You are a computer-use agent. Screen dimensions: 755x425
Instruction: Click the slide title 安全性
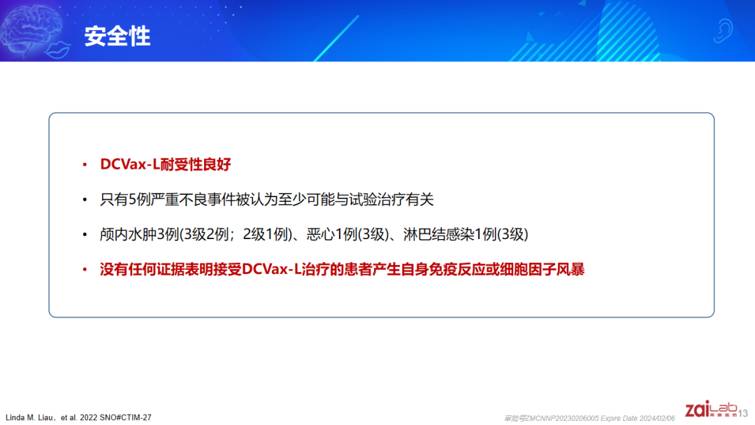point(117,36)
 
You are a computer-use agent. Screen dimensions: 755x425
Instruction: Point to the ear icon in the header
point(723,31)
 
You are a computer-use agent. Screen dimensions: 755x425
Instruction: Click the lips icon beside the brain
point(58,50)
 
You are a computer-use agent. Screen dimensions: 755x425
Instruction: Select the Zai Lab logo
point(711,409)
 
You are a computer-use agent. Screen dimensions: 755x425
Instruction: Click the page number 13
point(743,413)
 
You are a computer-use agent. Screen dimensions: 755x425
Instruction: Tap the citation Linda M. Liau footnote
point(78,417)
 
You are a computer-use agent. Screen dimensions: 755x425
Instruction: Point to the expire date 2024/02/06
point(657,418)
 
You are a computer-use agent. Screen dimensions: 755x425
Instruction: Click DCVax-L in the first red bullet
point(129,164)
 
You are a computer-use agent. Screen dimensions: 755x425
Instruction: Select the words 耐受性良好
point(196,164)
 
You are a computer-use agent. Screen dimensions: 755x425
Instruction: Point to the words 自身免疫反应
point(443,269)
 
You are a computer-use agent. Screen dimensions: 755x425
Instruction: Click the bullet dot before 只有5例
point(85,199)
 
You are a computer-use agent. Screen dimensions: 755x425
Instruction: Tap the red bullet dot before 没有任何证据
point(85,269)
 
